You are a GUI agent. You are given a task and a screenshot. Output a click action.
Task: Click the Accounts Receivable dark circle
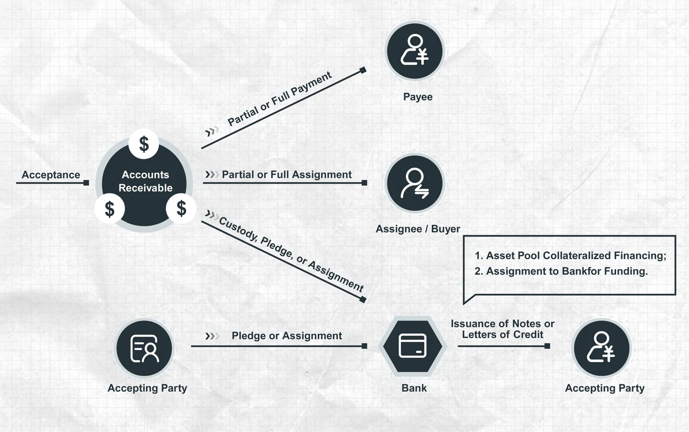[x=145, y=182]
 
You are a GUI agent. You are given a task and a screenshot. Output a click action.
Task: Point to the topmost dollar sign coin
[x=145, y=143]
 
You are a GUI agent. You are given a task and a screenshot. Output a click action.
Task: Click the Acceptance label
[x=51, y=175]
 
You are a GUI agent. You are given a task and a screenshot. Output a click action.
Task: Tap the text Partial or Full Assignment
[x=287, y=174]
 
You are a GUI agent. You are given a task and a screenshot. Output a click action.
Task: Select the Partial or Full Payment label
[x=280, y=99]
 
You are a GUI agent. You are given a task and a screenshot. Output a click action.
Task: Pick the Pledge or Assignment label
[x=287, y=336]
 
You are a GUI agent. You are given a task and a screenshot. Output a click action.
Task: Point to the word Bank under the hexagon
[x=414, y=388]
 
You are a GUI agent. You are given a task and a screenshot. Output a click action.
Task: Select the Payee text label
[x=418, y=97]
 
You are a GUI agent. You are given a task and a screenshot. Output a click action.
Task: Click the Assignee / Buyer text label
[x=418, y=229]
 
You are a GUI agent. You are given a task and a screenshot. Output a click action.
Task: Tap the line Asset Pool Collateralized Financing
[x=570, y=256]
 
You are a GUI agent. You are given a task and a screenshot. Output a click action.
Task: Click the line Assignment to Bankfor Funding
[x=561, y=271]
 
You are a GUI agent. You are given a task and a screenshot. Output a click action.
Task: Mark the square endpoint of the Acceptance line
[x=86, y=183]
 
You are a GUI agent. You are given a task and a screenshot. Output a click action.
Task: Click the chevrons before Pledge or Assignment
[x=212, y=336]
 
